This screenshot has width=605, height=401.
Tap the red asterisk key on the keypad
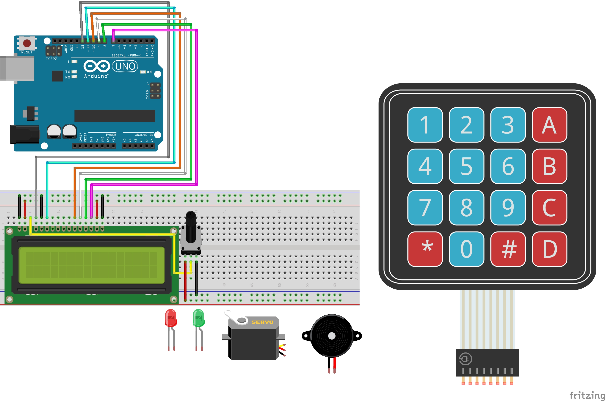click(425, 249)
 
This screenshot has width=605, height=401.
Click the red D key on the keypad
click(549, 249)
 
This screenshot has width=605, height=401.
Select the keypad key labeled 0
click(466, 249)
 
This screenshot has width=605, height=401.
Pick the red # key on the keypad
click(508, 249)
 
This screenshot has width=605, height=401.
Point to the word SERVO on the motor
click(262, 322)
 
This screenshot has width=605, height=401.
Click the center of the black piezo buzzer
click(332, 336)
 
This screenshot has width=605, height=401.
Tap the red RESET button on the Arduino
click(27, 43)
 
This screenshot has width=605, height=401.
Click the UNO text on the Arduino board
click(125, 66)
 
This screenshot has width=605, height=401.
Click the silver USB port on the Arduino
click(17, 69)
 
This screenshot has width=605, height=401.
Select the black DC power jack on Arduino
click(24, 134)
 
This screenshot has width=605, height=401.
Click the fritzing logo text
click(587, 395)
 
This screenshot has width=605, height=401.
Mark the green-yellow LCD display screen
click(91, 265)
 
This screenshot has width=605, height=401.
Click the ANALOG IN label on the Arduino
click(144, 135)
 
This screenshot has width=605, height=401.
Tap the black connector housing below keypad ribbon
click(487, 362)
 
